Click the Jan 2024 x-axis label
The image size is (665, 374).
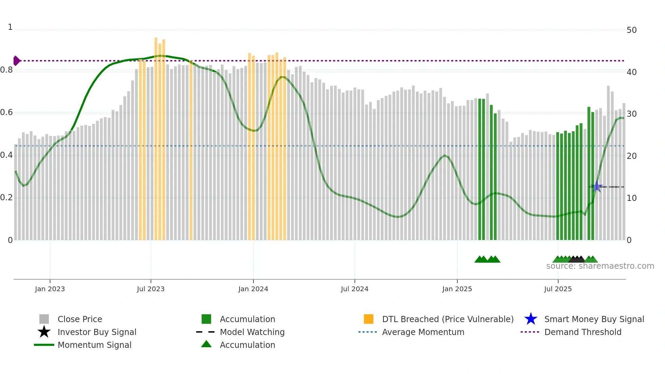[x=253, y=289]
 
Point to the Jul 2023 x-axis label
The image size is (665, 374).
[x=151, y=289]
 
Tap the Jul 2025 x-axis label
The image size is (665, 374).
[x=558, y=289]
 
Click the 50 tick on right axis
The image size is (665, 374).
[x=631, y=30]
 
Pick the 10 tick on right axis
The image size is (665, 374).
[x=631, y=198]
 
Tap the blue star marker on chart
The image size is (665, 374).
[x=597, y=187]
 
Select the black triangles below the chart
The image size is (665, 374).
[x=577, y=259]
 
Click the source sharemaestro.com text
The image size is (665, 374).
[x=600, y=266]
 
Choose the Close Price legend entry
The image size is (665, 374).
[x=80, y=319]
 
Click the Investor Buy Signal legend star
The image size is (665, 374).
[x=44, y=332]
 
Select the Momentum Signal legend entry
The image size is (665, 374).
[x=94, y=345]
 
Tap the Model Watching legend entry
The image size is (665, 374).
[x=252, y=332]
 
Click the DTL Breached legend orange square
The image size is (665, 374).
[x=368, y=319]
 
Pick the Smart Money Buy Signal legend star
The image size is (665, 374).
[x=531, y=319]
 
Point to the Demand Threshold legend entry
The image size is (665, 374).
[x=583, y=332]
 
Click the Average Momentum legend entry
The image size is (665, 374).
[x=423, y=332]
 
